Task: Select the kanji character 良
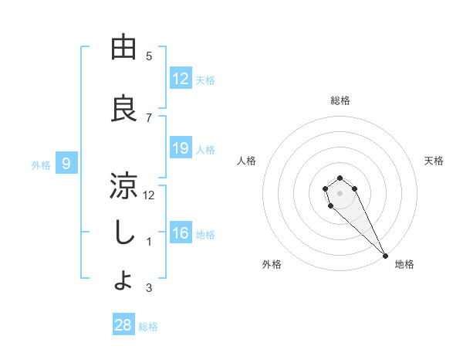(x=123, y=108)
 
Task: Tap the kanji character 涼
(x=123, y=186)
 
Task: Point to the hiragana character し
(x=123, y=233)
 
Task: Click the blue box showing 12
(x=181, y=79)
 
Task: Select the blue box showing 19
(x=181, y=148)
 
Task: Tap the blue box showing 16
(x=181, y=233)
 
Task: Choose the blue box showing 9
(x=67, y=163)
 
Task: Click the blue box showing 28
(x=123, y=325)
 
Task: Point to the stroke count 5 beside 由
(x=149, y=56)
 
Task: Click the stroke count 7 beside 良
(x=149, y=117)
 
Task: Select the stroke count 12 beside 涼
(x=149, y=195)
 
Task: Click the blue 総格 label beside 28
(x=149, y=327)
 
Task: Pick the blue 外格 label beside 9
(x=41, y=165)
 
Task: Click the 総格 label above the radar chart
(x=340, y=100)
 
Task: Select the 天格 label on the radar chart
(x=434, y=161)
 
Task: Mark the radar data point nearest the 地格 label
(x=385, y=256)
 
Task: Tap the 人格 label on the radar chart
(x=247, y=161)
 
